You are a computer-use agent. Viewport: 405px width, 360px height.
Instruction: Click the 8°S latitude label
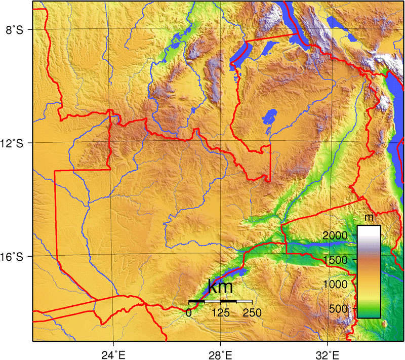[14, 29]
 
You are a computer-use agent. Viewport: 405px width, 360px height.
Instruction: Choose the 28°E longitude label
[221, 354]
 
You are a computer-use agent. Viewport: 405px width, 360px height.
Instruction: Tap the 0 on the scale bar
[189, 312]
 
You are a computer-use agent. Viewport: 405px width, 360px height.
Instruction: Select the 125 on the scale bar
[221, 312]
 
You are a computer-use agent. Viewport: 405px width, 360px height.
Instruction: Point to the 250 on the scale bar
[252, 312]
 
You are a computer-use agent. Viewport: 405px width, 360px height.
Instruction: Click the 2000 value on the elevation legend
[335, 235]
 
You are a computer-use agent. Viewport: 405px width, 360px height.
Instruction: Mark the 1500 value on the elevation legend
[335, 260]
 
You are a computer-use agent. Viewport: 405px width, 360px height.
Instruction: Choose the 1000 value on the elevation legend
[335, 284]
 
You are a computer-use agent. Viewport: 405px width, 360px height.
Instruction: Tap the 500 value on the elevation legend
[339, 308]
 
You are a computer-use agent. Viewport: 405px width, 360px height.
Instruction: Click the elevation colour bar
[369, 271]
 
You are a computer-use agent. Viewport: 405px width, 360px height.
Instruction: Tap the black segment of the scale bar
[197, 301]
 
